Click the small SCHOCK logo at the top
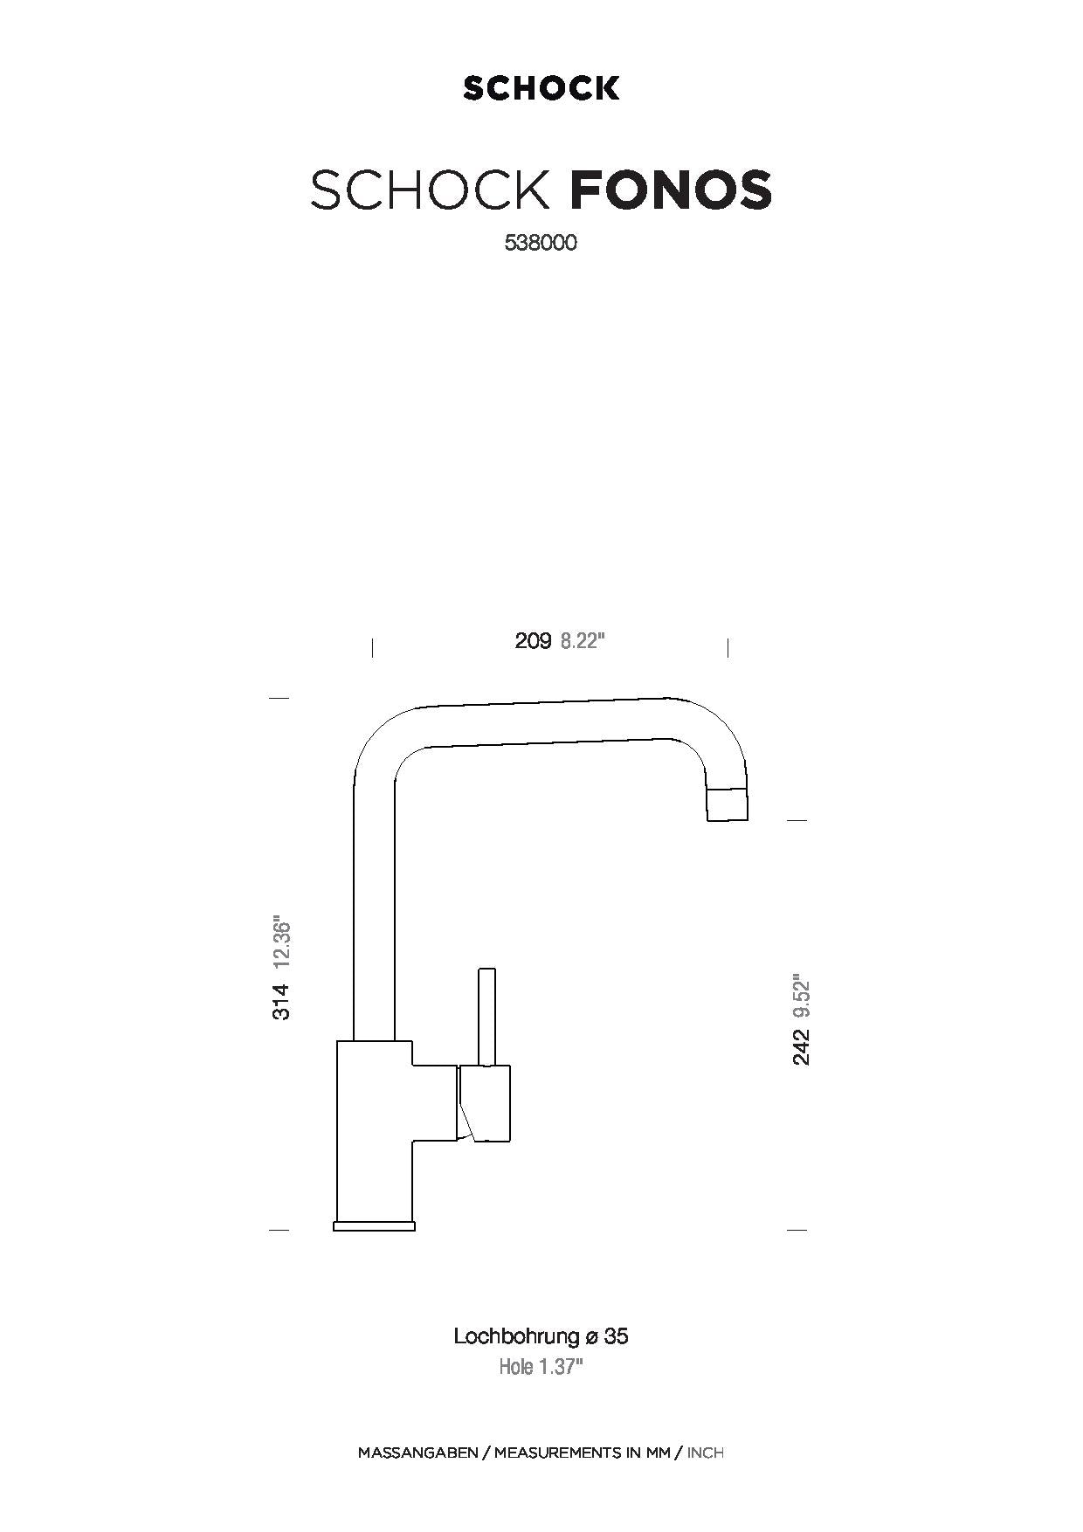(541, 88)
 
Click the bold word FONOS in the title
(671, 189)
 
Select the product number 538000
(541, 244)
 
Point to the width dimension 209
(533, 641)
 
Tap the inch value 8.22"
(583, 641)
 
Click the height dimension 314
(280, 1001)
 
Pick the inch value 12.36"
(280, 944)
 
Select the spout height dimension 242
(801, 1046)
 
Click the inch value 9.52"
(801, 997)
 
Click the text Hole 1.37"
(541, 1367)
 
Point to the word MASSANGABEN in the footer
(417, 1453)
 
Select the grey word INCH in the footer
(706, 1453)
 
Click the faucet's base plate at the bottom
(374, 1225)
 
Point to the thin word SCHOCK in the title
(431, 189)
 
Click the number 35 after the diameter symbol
(617, 1336)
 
